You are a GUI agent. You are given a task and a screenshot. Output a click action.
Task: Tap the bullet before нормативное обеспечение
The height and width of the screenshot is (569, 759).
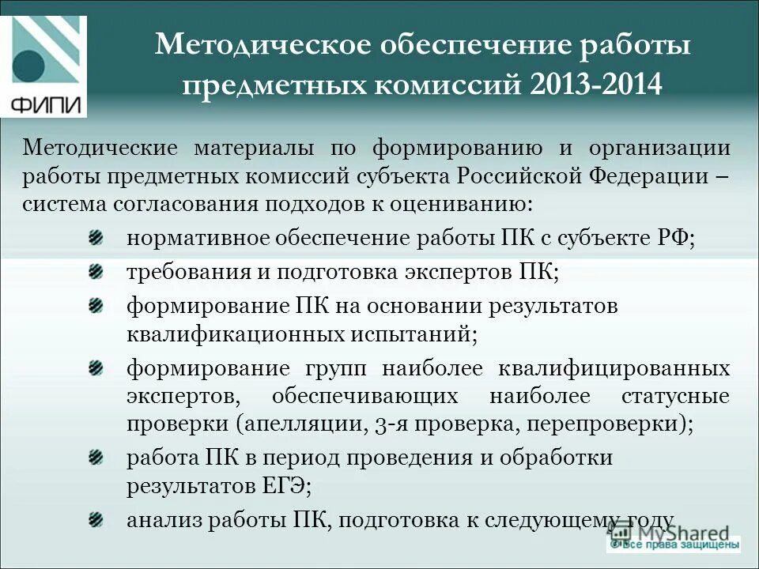[x=96, y=236]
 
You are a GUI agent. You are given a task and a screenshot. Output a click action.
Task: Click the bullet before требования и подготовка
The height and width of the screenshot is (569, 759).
[x=96, y=271]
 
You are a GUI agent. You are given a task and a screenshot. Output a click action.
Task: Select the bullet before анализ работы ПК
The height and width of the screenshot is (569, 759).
[x=96, y=518]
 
